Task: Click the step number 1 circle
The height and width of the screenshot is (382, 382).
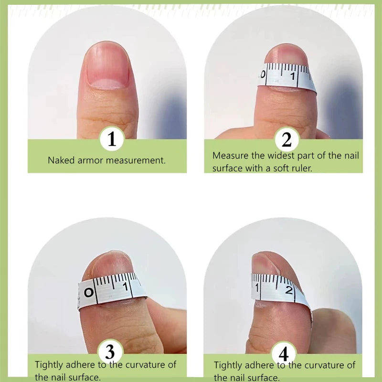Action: pos(112,139)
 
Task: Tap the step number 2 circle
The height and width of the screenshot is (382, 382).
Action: pos(286,139)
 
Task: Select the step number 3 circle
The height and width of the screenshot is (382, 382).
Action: pos(110,353)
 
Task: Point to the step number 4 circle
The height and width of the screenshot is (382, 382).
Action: pos(284,354)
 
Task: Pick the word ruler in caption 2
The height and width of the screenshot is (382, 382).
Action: pos(300,168)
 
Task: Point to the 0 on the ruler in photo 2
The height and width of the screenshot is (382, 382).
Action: pos(262,74)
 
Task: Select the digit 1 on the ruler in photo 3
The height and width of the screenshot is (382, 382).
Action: pos(125,286)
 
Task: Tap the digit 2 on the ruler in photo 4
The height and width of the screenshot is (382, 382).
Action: pos(288,290)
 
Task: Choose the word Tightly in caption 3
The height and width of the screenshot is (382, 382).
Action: pos(50,365)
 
